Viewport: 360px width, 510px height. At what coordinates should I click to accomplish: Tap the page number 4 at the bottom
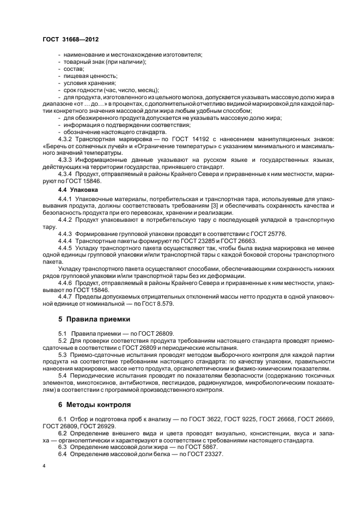tap(44, 466)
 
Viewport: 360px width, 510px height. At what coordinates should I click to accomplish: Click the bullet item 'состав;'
tap(72, 69)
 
